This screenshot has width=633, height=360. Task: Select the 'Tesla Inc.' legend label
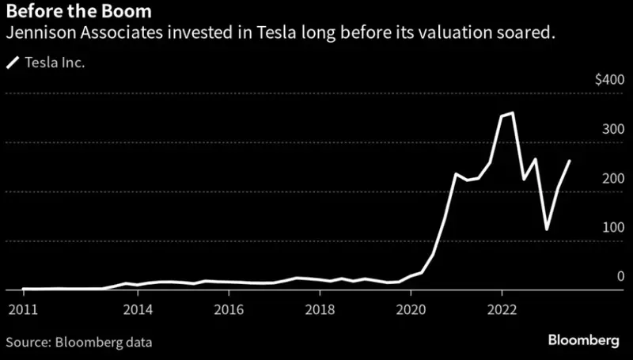[x=55, y=63]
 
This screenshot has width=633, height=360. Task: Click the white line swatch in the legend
[x=13, y=63]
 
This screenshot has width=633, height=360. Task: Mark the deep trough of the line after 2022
[x=547, y=229]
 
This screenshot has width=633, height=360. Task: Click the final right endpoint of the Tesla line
[x=570, y=161]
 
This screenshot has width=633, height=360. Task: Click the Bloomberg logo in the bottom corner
[x=583, y=339]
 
